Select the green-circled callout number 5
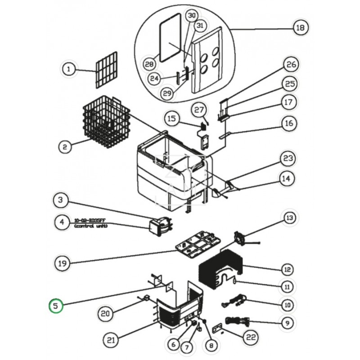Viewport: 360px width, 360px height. [56, 306]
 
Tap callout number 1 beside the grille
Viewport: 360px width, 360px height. [68, 69]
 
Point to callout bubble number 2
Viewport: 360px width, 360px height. [65, 146]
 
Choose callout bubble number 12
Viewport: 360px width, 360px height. [287, 270]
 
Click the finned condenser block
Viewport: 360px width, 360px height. [220, 270]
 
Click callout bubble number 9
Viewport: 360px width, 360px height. [288, 322]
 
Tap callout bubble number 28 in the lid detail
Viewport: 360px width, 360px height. [149, 64]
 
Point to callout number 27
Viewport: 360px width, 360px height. [199, 109]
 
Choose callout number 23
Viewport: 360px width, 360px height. [288, 158]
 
